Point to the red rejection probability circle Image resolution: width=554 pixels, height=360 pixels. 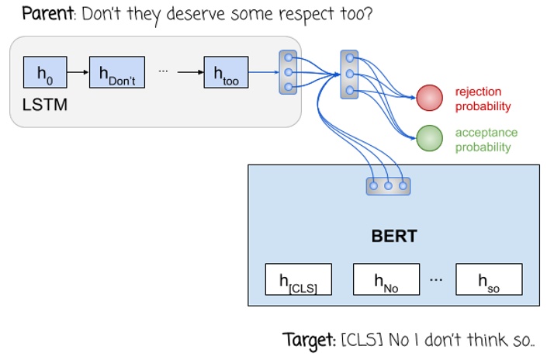pyautogui.click(x=429, y=98)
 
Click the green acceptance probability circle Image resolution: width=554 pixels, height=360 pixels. pyautogui.click(x=429, y=138)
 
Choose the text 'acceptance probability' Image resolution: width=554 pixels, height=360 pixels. pyautogui.click(x=486, y=140)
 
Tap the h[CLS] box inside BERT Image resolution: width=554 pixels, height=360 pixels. pyautogui.click(x=298, y=279)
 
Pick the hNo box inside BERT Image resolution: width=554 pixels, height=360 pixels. pyautogui.click(x=386, y=279)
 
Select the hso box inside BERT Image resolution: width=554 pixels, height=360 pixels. pyautogui.click(x=488, y=279)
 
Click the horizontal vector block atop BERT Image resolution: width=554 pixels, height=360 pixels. pyautogui.click(x=388, y=186)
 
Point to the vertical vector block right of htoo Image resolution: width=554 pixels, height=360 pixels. pyautogui.click(x=288, y=72)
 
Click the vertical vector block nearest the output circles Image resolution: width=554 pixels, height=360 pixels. pyautogui.click(x=349, y=74)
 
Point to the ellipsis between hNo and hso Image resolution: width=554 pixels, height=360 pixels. pyautogui.click(x=435, y=277)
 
